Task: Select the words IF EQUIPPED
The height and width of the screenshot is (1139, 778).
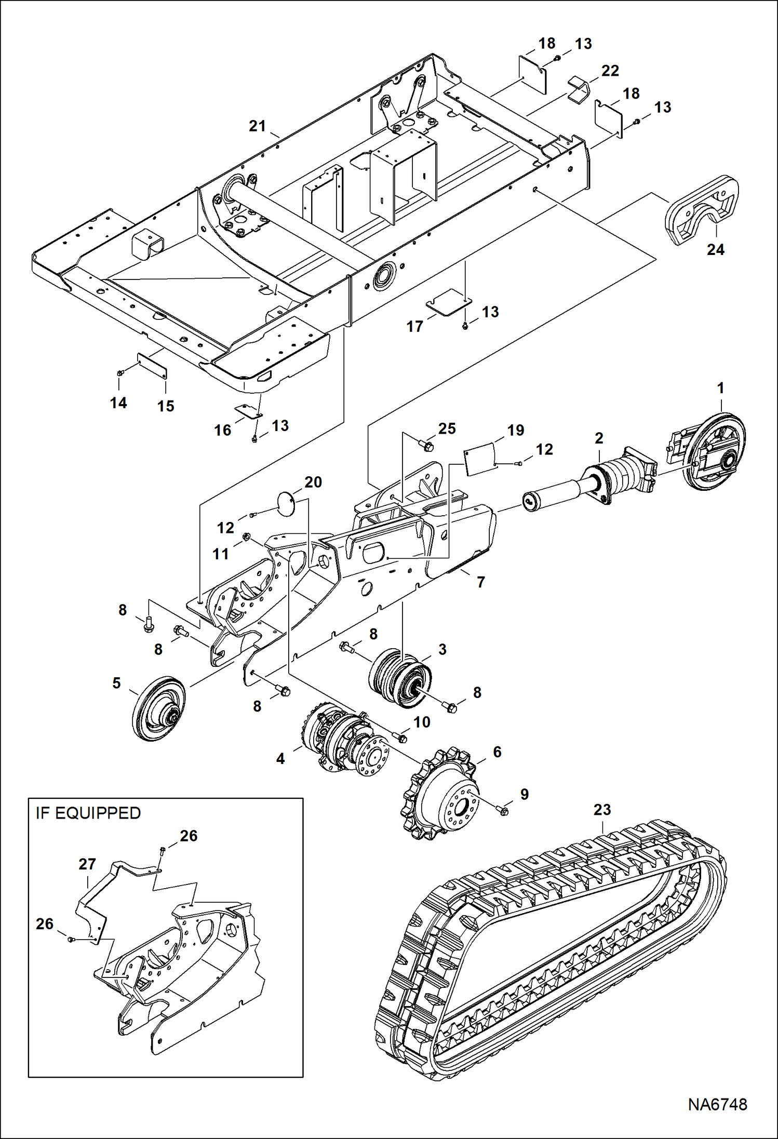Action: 88,813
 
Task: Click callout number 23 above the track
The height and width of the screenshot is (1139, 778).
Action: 602,810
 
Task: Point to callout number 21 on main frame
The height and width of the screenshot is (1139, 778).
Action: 257,126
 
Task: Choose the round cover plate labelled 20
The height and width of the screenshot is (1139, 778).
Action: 285,503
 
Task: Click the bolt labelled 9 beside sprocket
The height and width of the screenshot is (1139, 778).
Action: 503,810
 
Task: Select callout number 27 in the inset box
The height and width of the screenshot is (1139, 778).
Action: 87,864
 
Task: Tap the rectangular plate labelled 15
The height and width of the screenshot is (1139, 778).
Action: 152,366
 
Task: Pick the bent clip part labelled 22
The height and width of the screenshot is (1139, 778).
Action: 578,88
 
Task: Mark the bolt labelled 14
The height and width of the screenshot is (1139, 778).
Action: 120,372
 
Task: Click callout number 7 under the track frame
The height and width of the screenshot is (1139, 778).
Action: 481,582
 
